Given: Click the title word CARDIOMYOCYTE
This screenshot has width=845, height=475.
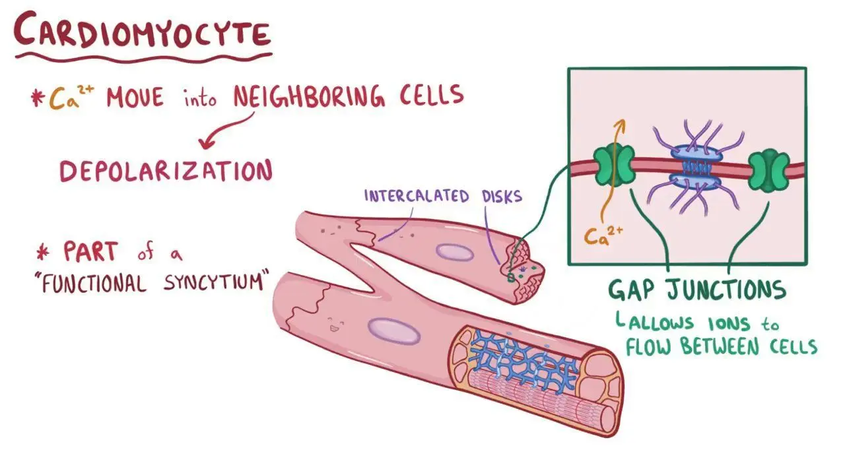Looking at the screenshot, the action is pyautogui.click(x=142, y=31).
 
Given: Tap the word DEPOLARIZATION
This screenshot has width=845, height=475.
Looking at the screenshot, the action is pyautogui.click(x=166, y=172).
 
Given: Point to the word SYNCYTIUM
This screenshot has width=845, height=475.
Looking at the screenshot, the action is pyautogui.click(x=214, y=281).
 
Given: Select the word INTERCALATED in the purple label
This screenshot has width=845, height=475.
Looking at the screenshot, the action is pyautogui.click(x=417, y=196).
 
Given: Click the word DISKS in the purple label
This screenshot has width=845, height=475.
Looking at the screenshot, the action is pyautogui.click(x=502, y=196).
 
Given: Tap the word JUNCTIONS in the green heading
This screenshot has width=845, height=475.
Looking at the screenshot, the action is pyautogui.click(x=727, y=290).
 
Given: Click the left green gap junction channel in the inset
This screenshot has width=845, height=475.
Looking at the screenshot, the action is pyautogui.click(x=614, y=166).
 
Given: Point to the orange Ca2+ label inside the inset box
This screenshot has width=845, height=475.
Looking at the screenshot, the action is pyautogui.click(x=603, y=236).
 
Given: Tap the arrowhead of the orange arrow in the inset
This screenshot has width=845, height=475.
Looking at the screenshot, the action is pyautogui.click(x=620, y=125).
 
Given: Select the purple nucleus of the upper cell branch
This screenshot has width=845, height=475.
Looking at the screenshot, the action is pyautogui.click(x=455, y=252).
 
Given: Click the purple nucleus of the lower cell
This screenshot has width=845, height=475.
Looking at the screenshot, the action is pyautogui.click(x=393, y=331).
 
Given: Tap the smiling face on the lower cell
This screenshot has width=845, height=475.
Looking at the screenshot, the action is pyautogui.click(x=335, y=324).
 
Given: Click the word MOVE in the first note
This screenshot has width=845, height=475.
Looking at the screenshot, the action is pyautogui.click(x=135, y=98).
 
